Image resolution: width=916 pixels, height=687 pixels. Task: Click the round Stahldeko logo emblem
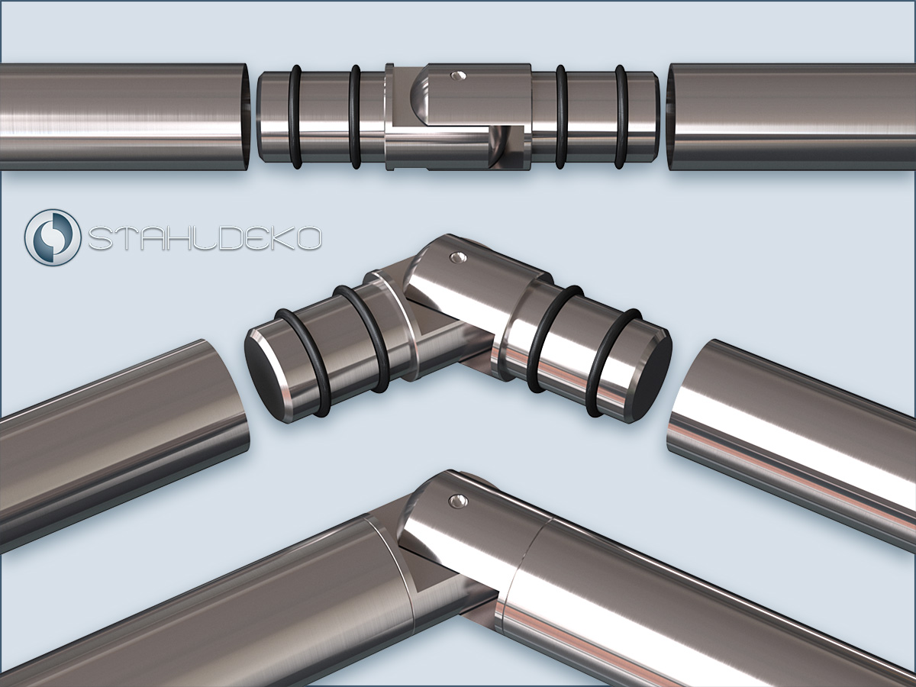53,237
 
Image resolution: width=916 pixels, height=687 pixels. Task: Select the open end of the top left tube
246,117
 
